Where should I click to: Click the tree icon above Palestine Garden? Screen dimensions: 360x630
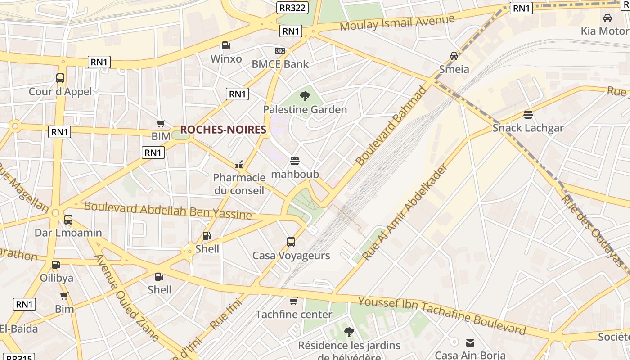point(305,96)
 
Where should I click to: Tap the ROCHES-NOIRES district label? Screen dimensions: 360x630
point(223,130)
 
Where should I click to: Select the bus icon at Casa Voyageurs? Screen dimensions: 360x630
point(291,242)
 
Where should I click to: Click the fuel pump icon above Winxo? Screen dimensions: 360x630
point(226,45)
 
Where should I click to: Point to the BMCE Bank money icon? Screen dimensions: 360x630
point(280,51)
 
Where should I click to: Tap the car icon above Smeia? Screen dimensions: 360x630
point(454,56)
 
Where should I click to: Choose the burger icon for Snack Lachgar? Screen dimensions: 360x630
point(528,114)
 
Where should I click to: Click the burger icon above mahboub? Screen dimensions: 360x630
point(295,161)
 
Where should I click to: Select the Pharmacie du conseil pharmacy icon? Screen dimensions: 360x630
point(239,164)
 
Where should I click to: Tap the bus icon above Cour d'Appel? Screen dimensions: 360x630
point(60,78)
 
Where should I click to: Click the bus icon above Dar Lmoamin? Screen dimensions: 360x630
point(68,220)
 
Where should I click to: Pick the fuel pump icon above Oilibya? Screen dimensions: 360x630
point(56,265)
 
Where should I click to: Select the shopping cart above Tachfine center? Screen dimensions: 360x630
point(294,301)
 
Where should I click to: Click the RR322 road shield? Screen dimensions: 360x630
point(292,8)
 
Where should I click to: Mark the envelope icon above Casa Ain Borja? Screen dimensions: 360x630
point(470,343)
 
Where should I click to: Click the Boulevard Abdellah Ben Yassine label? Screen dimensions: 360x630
point(168,210)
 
